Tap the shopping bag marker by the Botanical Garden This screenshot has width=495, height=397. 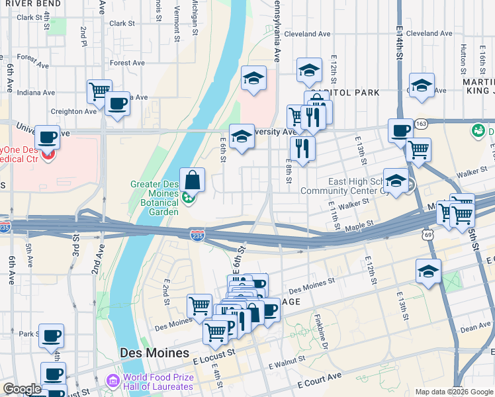coord(191,180)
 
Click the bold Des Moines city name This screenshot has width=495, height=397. coord(154,353)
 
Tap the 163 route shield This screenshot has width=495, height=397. coord(422,123)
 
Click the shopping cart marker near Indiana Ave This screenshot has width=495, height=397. coord(99,91)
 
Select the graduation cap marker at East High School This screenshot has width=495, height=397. coord(396,180)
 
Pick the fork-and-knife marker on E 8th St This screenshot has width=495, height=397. coord(302,148)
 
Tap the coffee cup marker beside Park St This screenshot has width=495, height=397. coord(51,335)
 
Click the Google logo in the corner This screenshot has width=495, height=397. coord(22,389)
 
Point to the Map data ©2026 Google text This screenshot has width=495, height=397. coord(453,392)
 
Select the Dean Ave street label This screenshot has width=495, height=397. coord(475,328)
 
